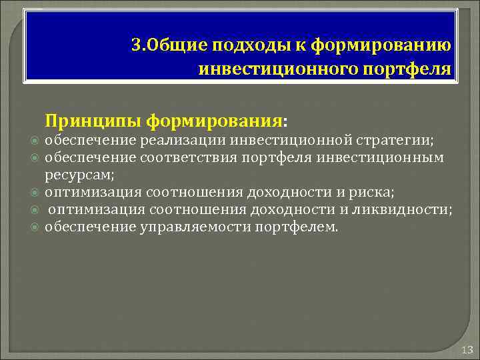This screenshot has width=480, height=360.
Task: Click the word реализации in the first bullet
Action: tap(175, 141)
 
